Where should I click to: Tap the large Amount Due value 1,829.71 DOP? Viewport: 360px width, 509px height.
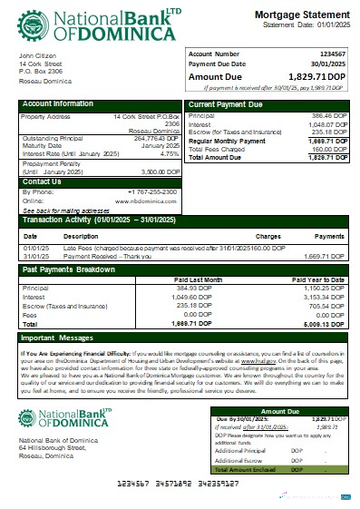313,78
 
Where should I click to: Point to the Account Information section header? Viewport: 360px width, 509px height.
58,104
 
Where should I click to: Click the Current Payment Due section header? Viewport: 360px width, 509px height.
227,105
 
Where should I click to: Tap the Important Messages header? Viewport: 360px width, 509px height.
58,338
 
